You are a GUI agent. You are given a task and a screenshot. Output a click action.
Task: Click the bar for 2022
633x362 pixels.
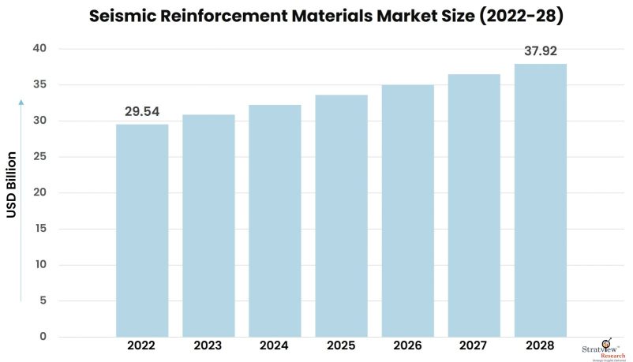point(142,230)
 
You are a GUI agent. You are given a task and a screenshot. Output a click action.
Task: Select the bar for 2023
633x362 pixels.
point(208,226)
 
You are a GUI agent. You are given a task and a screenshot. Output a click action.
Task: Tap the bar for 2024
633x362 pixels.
point(275,221)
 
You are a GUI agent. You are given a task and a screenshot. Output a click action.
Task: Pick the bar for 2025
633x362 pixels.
point(341,216)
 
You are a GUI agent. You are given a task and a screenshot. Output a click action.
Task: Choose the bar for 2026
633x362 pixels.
point(407,211)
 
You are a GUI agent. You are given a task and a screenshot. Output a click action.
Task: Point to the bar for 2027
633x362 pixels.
point(474,206)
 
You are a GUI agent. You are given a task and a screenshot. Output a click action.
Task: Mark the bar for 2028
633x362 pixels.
point(540,200)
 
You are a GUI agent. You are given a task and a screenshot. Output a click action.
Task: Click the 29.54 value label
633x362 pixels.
point(142,112)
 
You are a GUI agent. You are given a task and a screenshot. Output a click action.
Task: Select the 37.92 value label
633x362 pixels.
point(541,52)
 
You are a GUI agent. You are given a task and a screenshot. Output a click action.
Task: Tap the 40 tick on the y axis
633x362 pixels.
point(40,49)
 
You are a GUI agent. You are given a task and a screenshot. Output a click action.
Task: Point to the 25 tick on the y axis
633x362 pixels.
point(40,157)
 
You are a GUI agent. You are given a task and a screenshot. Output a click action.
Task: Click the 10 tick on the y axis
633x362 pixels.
point(40,265)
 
